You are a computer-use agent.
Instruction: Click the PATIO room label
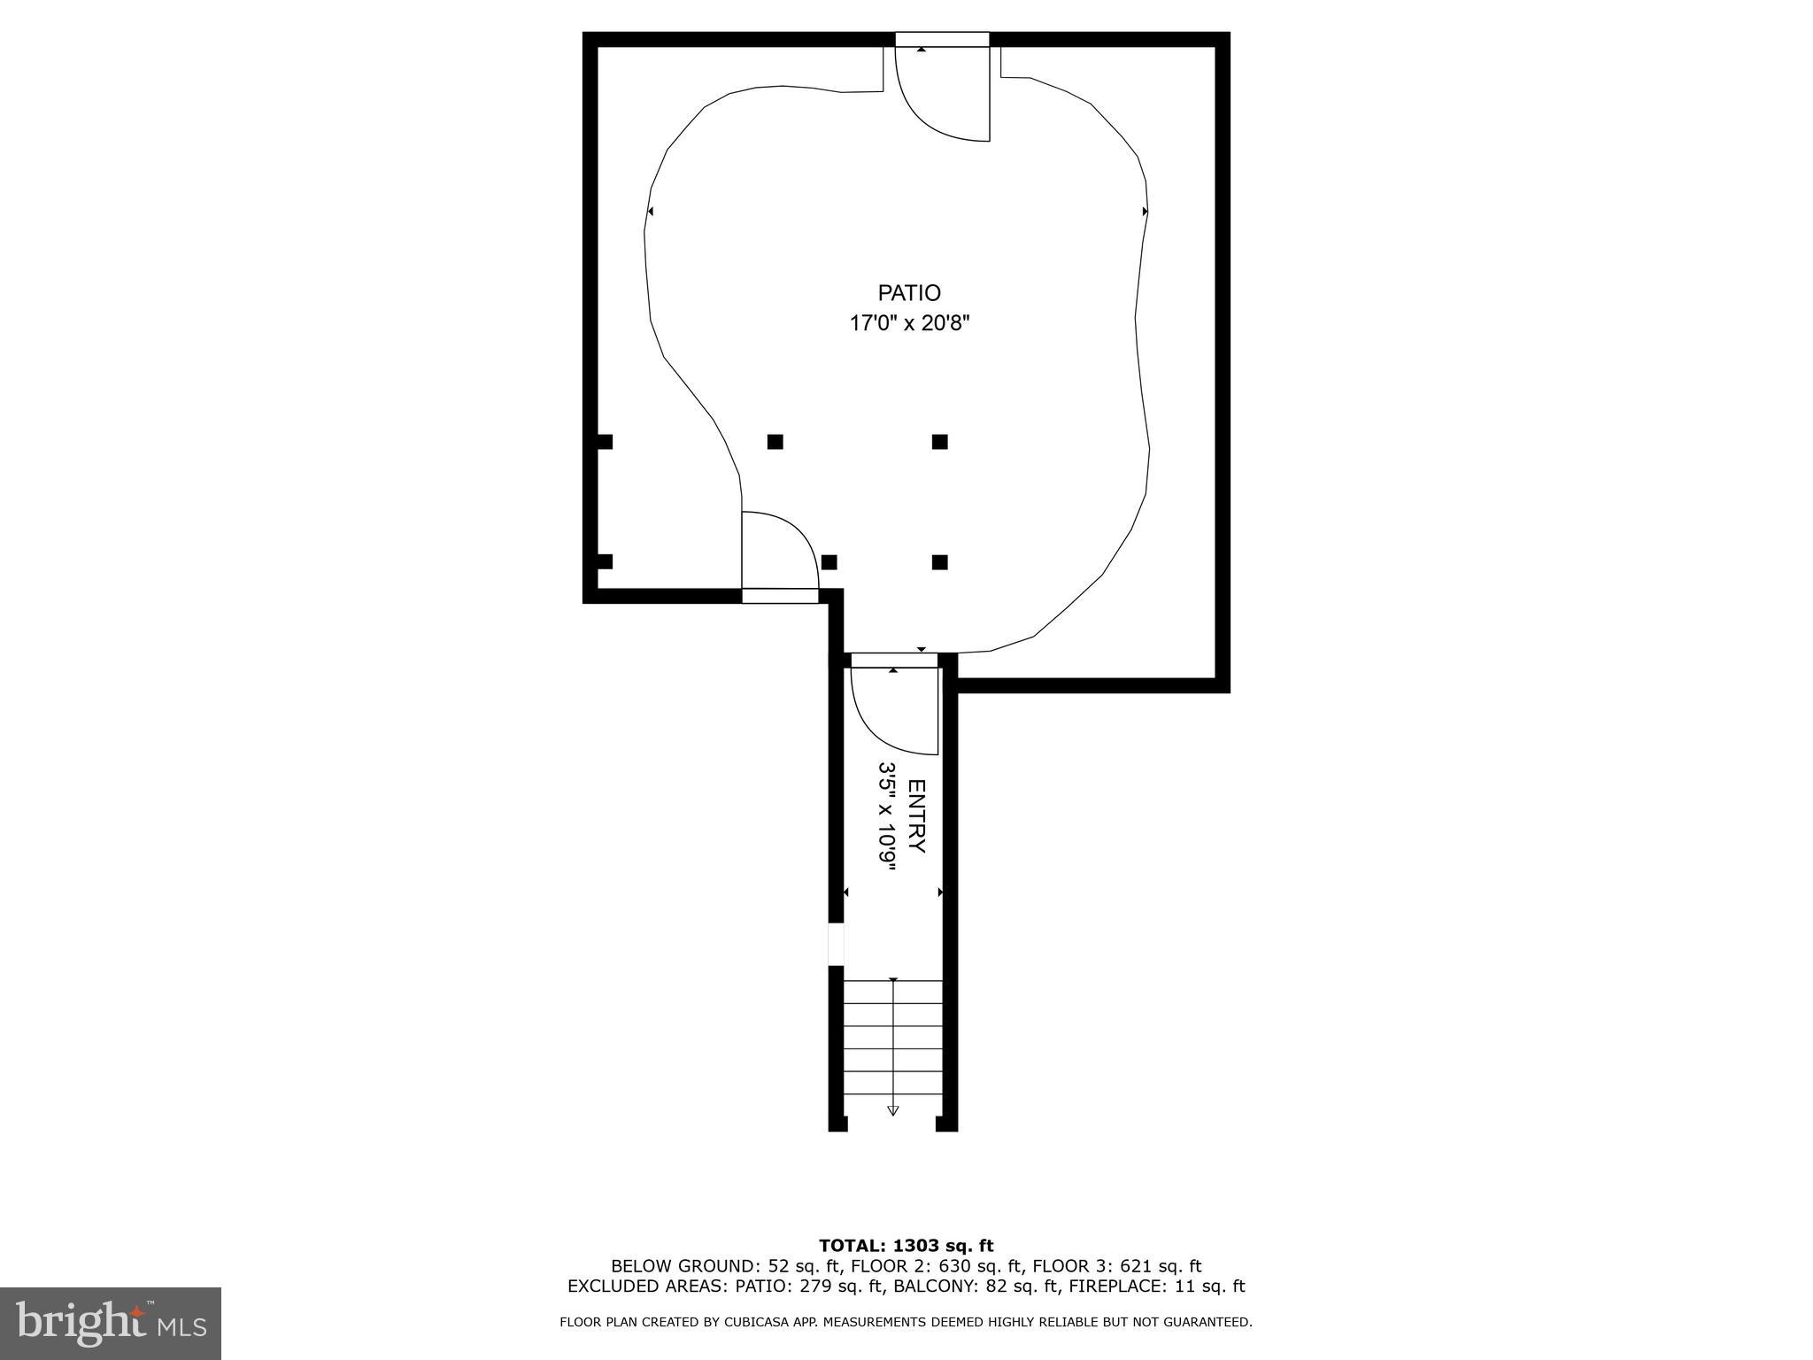click(908, 293)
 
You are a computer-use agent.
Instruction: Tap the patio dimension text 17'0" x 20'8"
click(909, 324)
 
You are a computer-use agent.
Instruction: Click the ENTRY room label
click(917, 815)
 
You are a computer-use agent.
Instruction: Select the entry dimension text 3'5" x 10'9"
click(887, 815)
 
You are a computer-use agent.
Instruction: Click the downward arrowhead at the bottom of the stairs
click(893, 1110)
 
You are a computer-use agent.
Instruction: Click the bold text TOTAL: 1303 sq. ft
click(906, 1246)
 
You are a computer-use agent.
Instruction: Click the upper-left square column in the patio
click(775, 442)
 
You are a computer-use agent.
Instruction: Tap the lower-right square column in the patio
click(940, 562)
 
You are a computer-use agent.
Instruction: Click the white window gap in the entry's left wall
click(836, 944)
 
